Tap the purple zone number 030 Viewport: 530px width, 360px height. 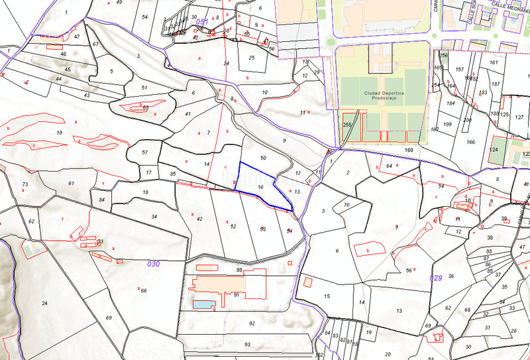coord(153,264)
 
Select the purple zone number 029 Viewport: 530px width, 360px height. coord(435,277)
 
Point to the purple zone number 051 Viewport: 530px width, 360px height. coord(202,23)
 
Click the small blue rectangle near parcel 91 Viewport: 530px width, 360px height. coord(203,304)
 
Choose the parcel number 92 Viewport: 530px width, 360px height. coord(252,324)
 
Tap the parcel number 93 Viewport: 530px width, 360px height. coord(247,345)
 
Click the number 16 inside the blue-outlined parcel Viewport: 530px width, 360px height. coord(260,188)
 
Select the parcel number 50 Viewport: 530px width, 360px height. coord(263,158)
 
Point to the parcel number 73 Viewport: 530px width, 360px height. coord(26,184)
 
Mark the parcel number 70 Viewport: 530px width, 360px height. coord(346,206)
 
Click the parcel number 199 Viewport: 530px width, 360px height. coord(447,125)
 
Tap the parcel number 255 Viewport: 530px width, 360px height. coord(346,125)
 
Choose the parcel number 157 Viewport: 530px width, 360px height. coord(459,70)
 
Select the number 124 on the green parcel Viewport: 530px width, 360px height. coord(494,150)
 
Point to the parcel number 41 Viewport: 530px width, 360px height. coord(188,115)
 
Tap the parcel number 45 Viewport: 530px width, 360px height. coord(67,70)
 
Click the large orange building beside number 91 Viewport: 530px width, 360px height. coord(219,284)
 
